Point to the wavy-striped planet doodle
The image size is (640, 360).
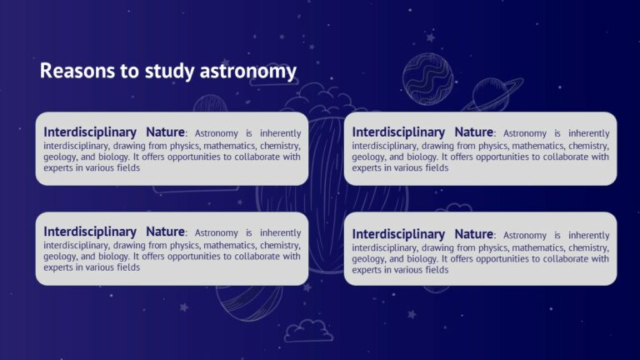coord(427,79)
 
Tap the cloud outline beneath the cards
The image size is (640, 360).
coord(307,331)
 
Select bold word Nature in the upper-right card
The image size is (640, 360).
coord(474,132)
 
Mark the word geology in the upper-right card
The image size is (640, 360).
coord(368,157)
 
